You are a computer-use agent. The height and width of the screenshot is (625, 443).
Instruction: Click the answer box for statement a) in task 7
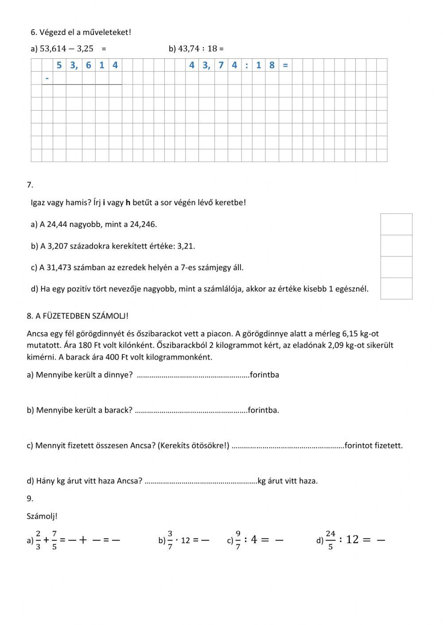point(396,224)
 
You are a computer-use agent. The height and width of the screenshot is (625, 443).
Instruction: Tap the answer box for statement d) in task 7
point(396,288)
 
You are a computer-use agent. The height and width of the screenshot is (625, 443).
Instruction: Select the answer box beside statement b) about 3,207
point(396,246)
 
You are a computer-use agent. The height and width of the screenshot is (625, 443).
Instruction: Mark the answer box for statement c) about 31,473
point(396,267)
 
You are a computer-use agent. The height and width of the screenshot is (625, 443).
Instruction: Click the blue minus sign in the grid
point(47,79)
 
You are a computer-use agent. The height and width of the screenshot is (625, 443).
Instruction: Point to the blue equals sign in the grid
point(285,65)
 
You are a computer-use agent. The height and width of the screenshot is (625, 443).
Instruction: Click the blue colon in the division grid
point(246,65)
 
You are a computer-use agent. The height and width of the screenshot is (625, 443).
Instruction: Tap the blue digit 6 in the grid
point(89,65)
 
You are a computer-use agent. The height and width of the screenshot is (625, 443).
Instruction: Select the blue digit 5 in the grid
point(59,65)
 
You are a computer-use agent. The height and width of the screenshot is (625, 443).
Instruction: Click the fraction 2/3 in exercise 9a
point(38,540)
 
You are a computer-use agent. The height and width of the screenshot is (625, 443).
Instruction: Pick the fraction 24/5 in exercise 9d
point(330,540)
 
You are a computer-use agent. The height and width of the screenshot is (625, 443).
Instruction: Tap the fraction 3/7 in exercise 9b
point(170,540)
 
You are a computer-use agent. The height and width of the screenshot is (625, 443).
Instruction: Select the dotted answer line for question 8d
point(201,481)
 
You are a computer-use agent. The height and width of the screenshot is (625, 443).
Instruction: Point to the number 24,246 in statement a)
point(143,224)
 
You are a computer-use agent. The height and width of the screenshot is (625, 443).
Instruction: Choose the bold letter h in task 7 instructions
point(128,203)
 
